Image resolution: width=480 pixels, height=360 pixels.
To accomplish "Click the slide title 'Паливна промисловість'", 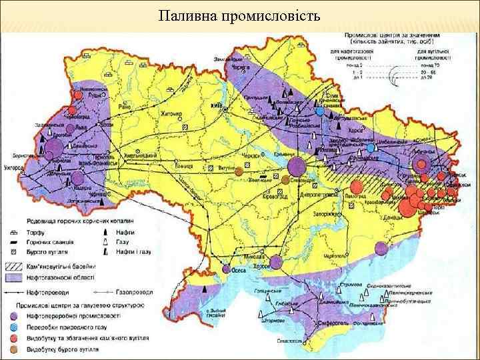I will point(239,15).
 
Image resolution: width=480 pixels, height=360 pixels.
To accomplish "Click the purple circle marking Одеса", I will point(227,270).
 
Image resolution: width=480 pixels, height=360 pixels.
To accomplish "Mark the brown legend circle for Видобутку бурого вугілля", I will point(20,349).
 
